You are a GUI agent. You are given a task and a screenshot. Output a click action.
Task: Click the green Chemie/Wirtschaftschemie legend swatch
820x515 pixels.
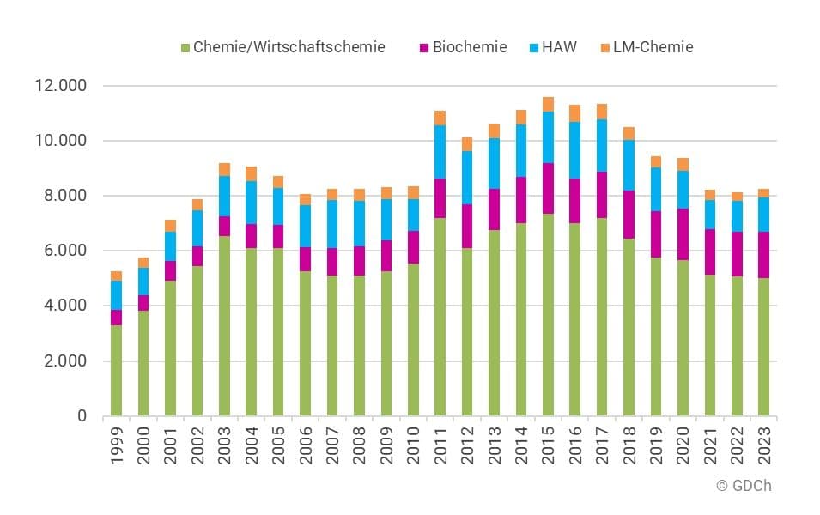(185, 48)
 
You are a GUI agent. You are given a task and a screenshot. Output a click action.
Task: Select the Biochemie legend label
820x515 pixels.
(470, 47)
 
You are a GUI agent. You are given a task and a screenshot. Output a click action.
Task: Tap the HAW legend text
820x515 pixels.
(560, 47)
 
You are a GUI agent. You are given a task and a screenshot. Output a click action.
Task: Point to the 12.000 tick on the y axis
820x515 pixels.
(59, 86)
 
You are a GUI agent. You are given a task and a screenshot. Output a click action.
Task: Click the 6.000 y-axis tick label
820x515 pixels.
(63, 251)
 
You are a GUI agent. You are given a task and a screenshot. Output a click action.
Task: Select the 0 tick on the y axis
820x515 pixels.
(82, 416)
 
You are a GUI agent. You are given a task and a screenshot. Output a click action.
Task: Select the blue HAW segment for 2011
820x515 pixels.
(440, 152)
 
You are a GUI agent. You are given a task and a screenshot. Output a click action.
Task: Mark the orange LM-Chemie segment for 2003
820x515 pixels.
(224, 169)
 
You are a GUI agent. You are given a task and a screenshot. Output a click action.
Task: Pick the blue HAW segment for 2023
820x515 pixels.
(764, 215)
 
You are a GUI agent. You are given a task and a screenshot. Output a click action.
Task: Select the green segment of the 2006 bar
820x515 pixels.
(306, 343)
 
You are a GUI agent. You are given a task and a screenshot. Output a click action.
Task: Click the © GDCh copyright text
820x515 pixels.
(744, 486)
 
